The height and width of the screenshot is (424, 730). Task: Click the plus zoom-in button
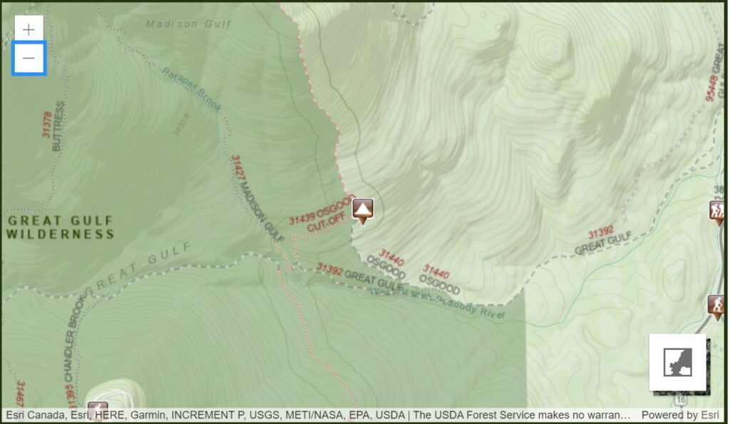pos(29,29)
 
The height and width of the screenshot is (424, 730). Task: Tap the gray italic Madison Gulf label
pos(189,24)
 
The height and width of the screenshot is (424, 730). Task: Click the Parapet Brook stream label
pos(192,90)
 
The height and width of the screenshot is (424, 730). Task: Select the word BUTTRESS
pos(58,126)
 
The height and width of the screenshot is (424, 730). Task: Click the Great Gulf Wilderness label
pos(61,227)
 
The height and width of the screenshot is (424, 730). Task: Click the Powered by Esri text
pos(679,415)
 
